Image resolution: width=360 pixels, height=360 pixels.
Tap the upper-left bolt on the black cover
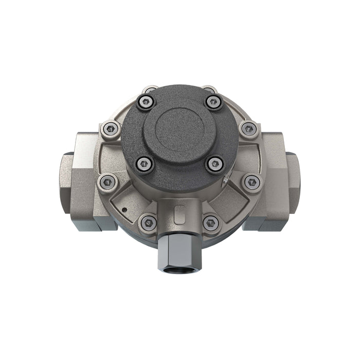[x=146, y=102]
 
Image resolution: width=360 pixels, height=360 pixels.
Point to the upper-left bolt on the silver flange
[x=110, y=129]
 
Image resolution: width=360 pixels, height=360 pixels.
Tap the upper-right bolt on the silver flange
[x=249, y=129]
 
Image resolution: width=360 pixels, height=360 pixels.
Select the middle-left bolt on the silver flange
[x=107, y=181]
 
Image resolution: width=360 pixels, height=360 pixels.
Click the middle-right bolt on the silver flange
[x=252, y=182]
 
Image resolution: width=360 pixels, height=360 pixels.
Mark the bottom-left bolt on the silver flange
[x=149, y=222]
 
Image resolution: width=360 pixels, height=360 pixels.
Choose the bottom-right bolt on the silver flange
[x=211, y=223]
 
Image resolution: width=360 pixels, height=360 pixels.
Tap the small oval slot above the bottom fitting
[x=179, y=212]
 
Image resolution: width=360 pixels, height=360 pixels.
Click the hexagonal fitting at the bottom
[x=179, y=252]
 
